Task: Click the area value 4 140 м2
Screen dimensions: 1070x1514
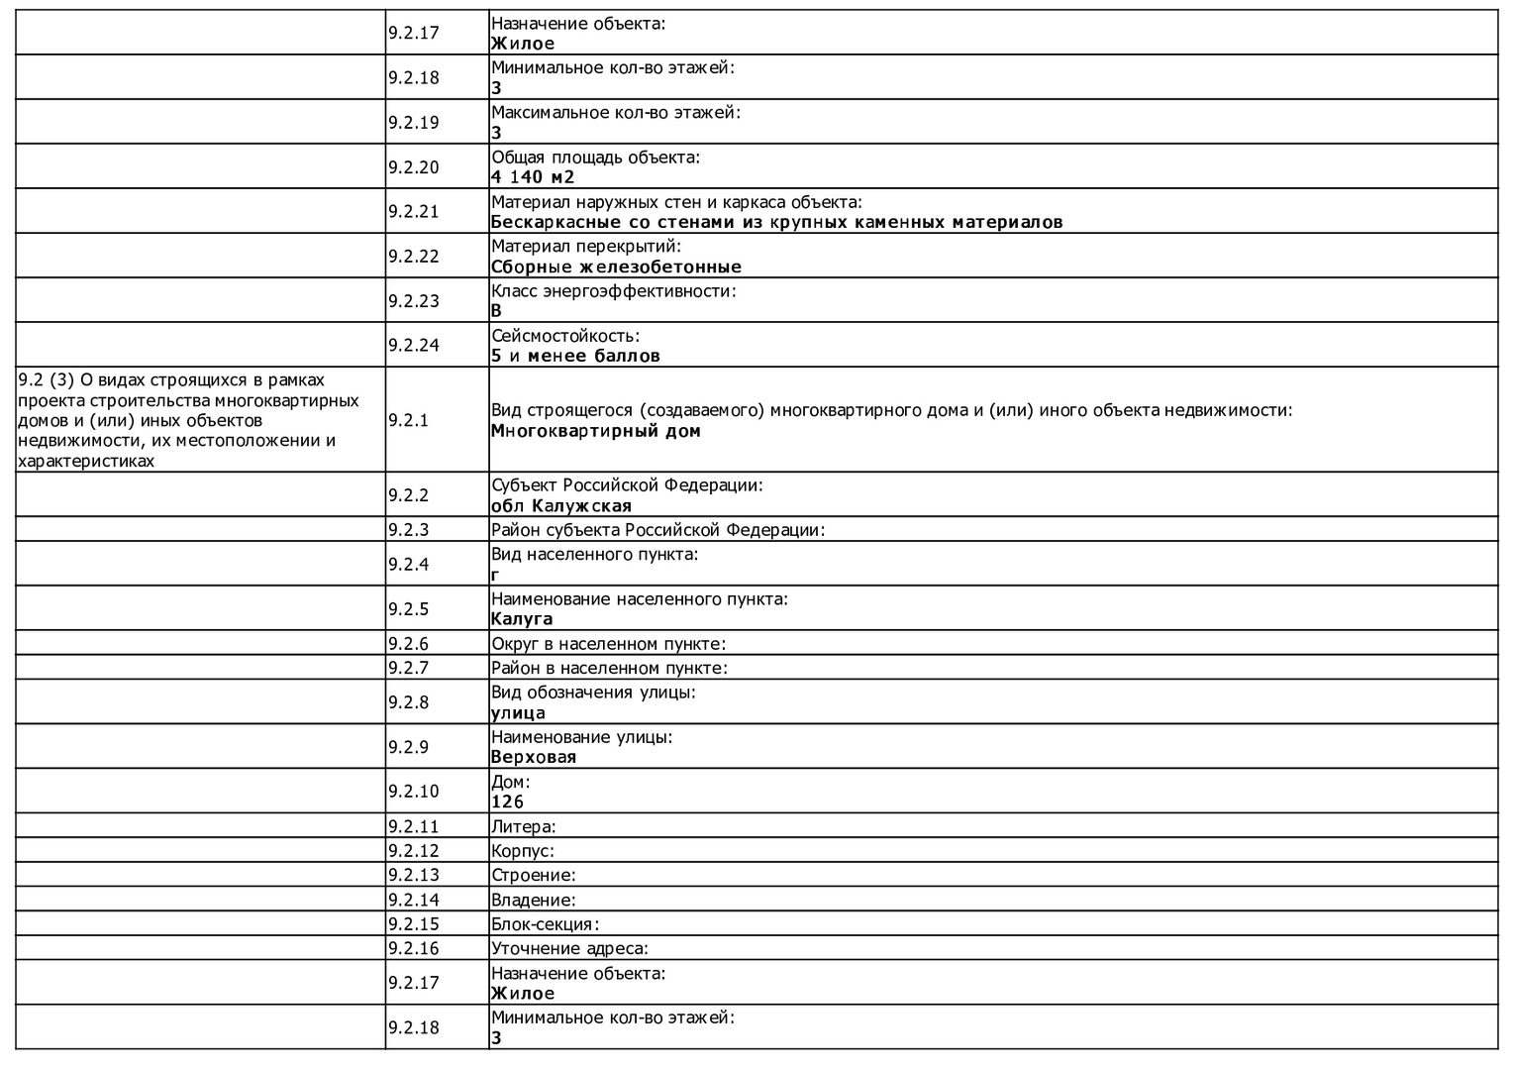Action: tap(533, 177)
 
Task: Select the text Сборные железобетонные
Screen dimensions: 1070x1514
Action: tap(616, 267)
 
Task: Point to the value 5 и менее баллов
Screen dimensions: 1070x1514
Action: tap(575, 356)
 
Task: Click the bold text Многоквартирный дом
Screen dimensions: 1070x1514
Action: tap(596, 431)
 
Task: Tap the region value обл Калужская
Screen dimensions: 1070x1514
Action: tap(561, 506)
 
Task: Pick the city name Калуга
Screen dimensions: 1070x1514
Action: tap(522, 619)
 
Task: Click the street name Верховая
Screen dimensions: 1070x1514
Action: tap(534, 757)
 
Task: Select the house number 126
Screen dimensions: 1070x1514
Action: tap(508, 802)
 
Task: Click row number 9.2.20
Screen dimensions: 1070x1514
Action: tap(414, 167)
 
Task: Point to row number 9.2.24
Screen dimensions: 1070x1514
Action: tap(414, 346)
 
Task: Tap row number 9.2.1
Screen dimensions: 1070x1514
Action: tap(409, 420)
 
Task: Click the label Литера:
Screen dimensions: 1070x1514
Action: tap(524, 826)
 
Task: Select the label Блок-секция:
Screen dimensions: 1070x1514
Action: tap(546, 924)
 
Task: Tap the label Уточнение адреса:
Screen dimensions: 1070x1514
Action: tap(570, 948)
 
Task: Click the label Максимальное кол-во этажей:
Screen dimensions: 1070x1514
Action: tap(616, 113)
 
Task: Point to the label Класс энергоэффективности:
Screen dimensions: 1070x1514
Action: tap(614, 291)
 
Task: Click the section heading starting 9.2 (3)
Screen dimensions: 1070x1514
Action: tap(188, 420)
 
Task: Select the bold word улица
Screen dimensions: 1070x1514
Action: tap(518, 712)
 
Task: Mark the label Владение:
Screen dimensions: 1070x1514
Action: tap(534, 900)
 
